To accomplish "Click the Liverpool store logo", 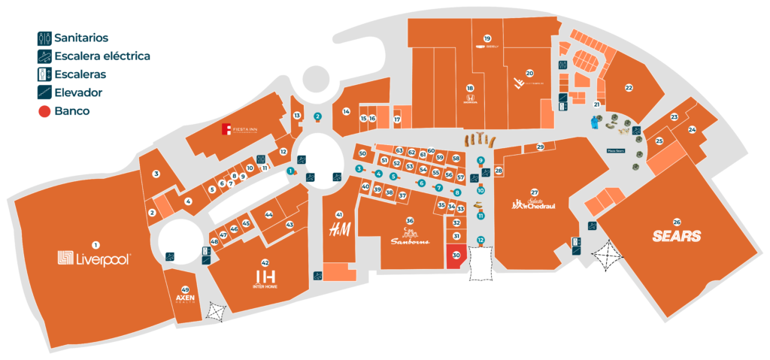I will [95, 259].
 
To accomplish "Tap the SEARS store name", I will [677, 236].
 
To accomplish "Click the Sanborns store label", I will [409, 241].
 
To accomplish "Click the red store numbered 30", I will [456, 256].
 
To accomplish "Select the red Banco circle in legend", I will [44, 111].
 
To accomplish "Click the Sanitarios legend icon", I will [44, 38].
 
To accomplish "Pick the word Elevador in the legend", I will [78, 92].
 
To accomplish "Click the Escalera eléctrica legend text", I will [102, 56].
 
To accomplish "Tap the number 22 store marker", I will [629, 87].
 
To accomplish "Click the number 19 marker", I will [487, 38].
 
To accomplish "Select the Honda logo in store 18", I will [469, 105].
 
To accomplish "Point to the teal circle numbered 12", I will [480, 240].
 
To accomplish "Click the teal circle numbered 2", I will [317, 116].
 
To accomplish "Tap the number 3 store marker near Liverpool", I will [156, 174].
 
